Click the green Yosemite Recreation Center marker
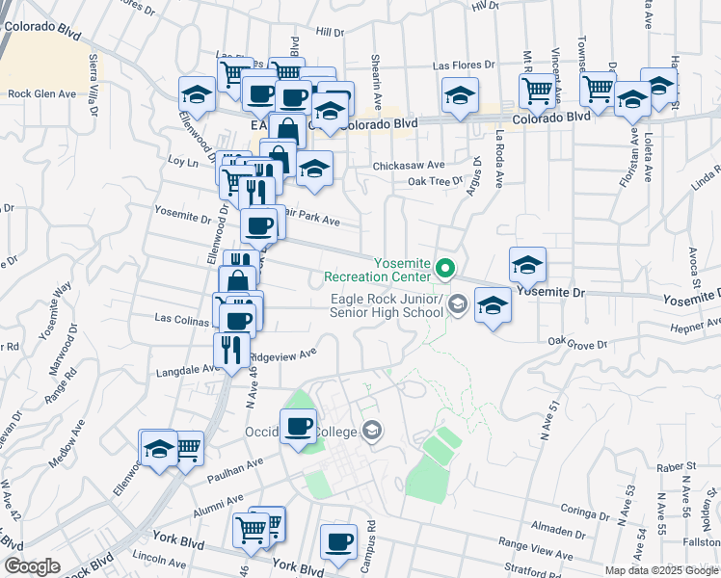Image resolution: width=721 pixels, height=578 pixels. (x=445, y=267)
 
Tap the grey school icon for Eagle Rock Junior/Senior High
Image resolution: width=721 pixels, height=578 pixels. (x=458, y=305)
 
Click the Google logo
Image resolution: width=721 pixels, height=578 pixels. (x=32, y=566)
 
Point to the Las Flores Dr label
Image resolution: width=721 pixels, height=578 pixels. (x=463, y=66)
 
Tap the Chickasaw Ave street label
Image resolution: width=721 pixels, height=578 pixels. (x=410, y=165)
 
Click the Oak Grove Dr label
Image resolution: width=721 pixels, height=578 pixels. (x=578, y=342)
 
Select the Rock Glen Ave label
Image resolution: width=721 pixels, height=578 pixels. (x=41, y=94)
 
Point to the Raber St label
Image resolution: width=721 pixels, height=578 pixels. (x=677, y=466)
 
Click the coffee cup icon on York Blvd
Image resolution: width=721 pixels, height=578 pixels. (x=337, y=542)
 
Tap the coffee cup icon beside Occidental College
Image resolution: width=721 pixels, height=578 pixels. (x=298, y=424)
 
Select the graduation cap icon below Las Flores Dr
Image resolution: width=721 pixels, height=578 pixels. (x=461, y=95)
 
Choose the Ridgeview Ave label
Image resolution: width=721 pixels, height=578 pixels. (x=283, y=355)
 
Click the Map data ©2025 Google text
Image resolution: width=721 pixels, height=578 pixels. (x=660, y=569)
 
